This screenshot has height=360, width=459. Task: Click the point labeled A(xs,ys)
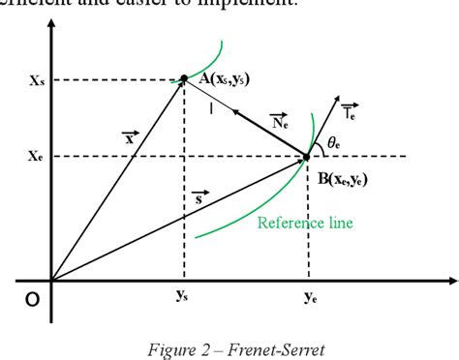point(184,78)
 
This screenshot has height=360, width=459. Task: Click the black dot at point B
point(306,156)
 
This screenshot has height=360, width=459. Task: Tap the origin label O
point(32,300)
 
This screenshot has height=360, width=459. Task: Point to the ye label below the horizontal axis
point(310,298)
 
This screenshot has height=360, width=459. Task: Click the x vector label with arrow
point(130,138)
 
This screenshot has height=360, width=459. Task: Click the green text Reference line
point(305,223)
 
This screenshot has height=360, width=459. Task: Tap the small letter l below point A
point(211,108)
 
